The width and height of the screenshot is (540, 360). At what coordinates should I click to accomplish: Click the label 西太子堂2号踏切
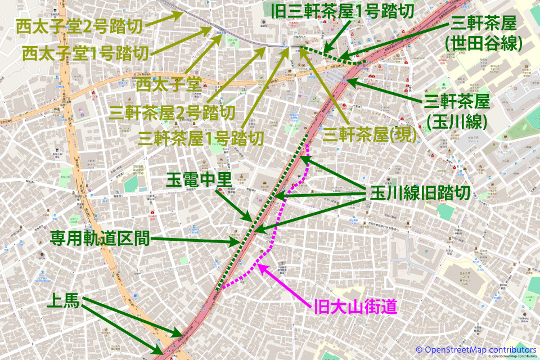click(79, 26)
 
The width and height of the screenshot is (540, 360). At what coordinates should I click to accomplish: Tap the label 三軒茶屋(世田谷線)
click(484, 33)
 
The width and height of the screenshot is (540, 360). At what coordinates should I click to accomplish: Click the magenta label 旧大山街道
click(355, 307)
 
